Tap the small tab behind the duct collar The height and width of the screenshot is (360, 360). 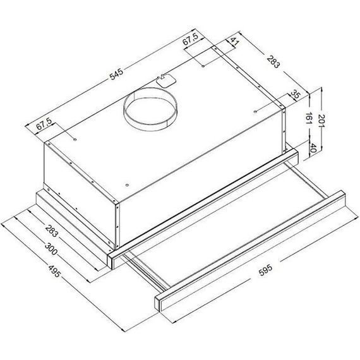coord(165,80)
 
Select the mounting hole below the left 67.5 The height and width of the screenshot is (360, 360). coord(75,138)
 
